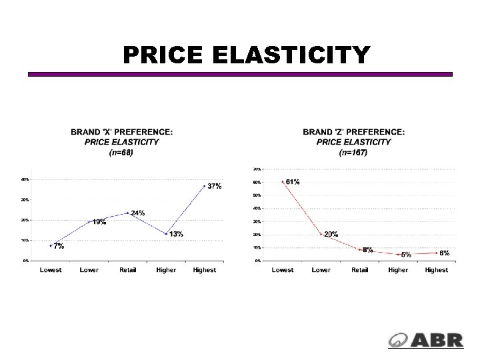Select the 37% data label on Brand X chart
pyautogui.click(x=214, y=186)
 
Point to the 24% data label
pyautogui.click(x=138, y=213)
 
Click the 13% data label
pyautogui.click(x=176, y=234)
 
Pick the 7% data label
pyautogui.click(x=59, y=246)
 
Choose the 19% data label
pyautogui.click(x=99, y=222)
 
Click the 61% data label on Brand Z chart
pyautogui.click(x=292, y=181)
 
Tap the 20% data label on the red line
pyautogui.click(x=331, y=234)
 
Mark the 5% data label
pyautogui.click(x=405, y=255)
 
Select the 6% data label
pyautogui.click(x=444, y=253)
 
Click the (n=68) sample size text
pyautogui.click(x=121, y=152)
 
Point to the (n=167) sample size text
pyautogui.click(x=353, y=152)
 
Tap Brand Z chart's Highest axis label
pyautogui.click(x=437, y=270)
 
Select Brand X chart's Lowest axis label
pyautogui.click(x=51, y=270)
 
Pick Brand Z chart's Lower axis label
pyautogui.click(x=321, y=270)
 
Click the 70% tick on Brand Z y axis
pyautogui.click(x=257, y=169)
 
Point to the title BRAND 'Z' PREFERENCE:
pyautogui.click(x=353, y=132)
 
